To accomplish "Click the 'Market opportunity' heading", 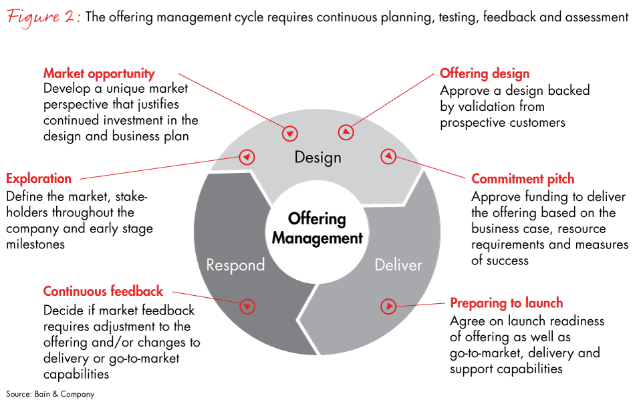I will (x=99, y=73).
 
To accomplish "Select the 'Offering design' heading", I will (x=484, y=73).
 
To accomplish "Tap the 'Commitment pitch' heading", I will (x=523, y=178).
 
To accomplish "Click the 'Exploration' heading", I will (x=39, y=178).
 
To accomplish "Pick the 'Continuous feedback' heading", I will (x=103, y=291).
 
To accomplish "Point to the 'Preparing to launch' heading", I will (x=506, y=303).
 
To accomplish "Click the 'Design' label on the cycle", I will (x=317, y=158).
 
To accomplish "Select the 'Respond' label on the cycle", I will (x=235, y=264).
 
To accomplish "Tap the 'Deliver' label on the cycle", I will (x=398, y=264).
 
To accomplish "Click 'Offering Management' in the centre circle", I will (x=317, y=228).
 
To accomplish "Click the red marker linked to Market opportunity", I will (x=290, y=133).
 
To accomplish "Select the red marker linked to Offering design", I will (x=346, y=133).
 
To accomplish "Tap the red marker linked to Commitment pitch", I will (x=388, y=158).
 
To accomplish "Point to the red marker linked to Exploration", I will (x=247, y=158).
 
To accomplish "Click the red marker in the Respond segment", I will (x=247, y=307).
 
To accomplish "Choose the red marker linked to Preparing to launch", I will (x=388, y=307).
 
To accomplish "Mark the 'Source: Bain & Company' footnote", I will (x=50, y=394).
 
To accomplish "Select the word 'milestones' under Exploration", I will (x=36, y=244).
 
